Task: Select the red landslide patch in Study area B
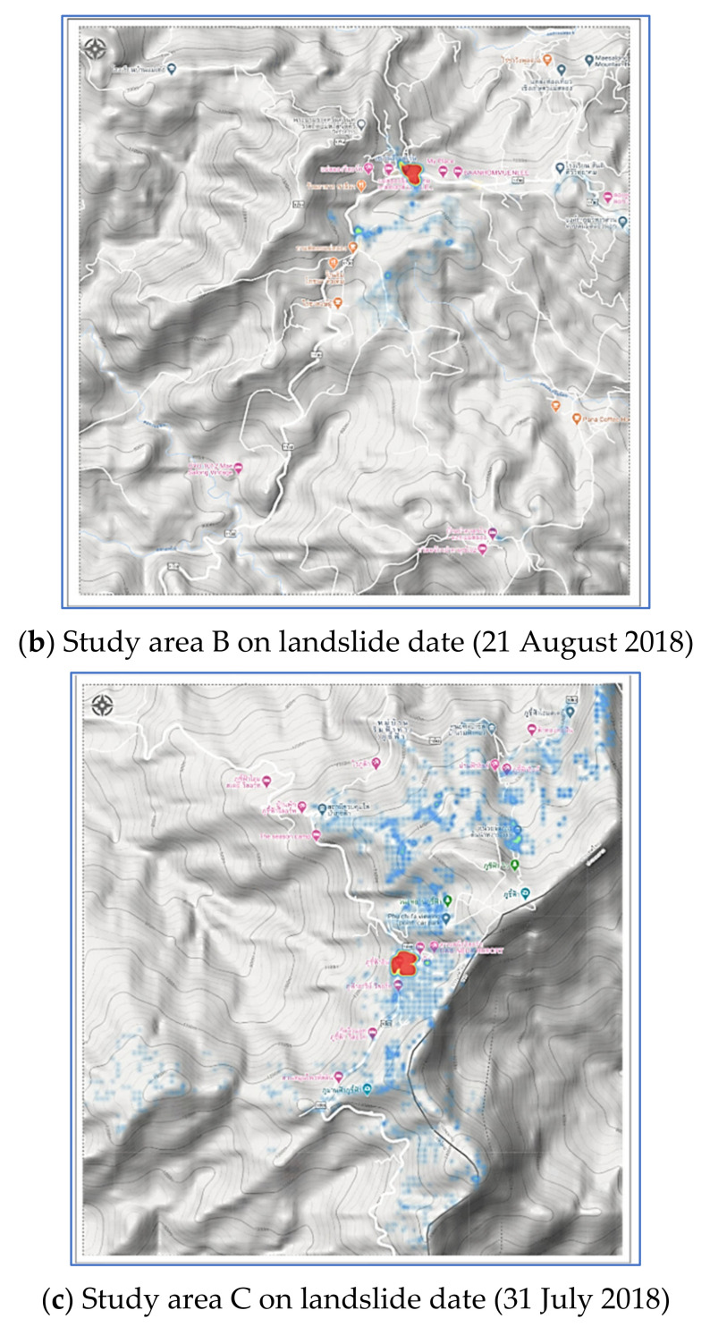[412, 173]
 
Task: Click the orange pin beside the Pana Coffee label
[554, 405]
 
